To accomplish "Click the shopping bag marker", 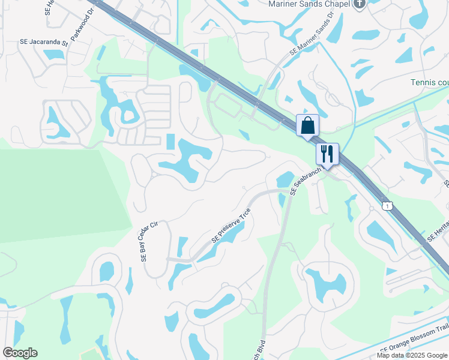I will pyautogui.click(x=307, y=126).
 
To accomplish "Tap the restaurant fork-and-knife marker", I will pyautogui.click(x=327, y=154).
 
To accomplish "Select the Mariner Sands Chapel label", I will pyautogui.click(x=307, y=4).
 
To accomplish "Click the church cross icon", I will pyautogui.click(x=360, y=4).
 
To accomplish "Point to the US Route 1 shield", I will pyautogui.click(x=388, y=206).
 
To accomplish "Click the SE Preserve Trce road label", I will pyautogui.click(x=230, y=226).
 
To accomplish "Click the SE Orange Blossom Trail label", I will pyautogui.click(x=414, y=346).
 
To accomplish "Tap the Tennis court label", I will pyautogui.click(x=429, y=83).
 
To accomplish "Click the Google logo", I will pyautogui.click(x=20, y=353).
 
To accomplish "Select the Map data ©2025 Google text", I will pyautogui.click(x=412, y=355).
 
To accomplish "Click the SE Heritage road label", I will pyautogui.click(x=438, y=230).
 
